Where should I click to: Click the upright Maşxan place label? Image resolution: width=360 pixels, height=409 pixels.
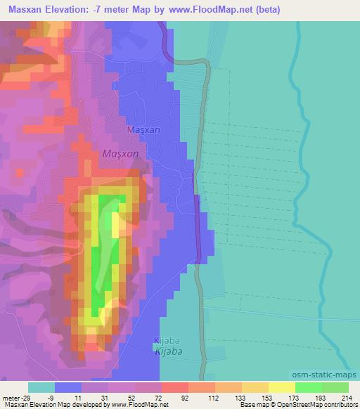(143, 130)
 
